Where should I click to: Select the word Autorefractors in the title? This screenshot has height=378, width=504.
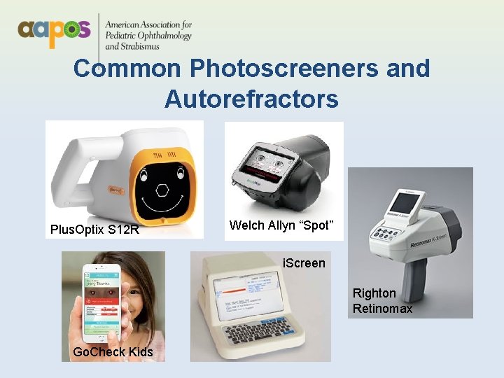pos(251,99)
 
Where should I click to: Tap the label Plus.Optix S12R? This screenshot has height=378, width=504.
pos(94,229)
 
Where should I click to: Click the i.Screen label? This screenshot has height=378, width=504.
pos(303,263)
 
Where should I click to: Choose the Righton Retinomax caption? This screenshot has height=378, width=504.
pos(382,301)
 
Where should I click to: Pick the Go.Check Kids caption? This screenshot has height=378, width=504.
pos(113,351)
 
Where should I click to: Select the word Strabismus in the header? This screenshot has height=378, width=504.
pos(139,47)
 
